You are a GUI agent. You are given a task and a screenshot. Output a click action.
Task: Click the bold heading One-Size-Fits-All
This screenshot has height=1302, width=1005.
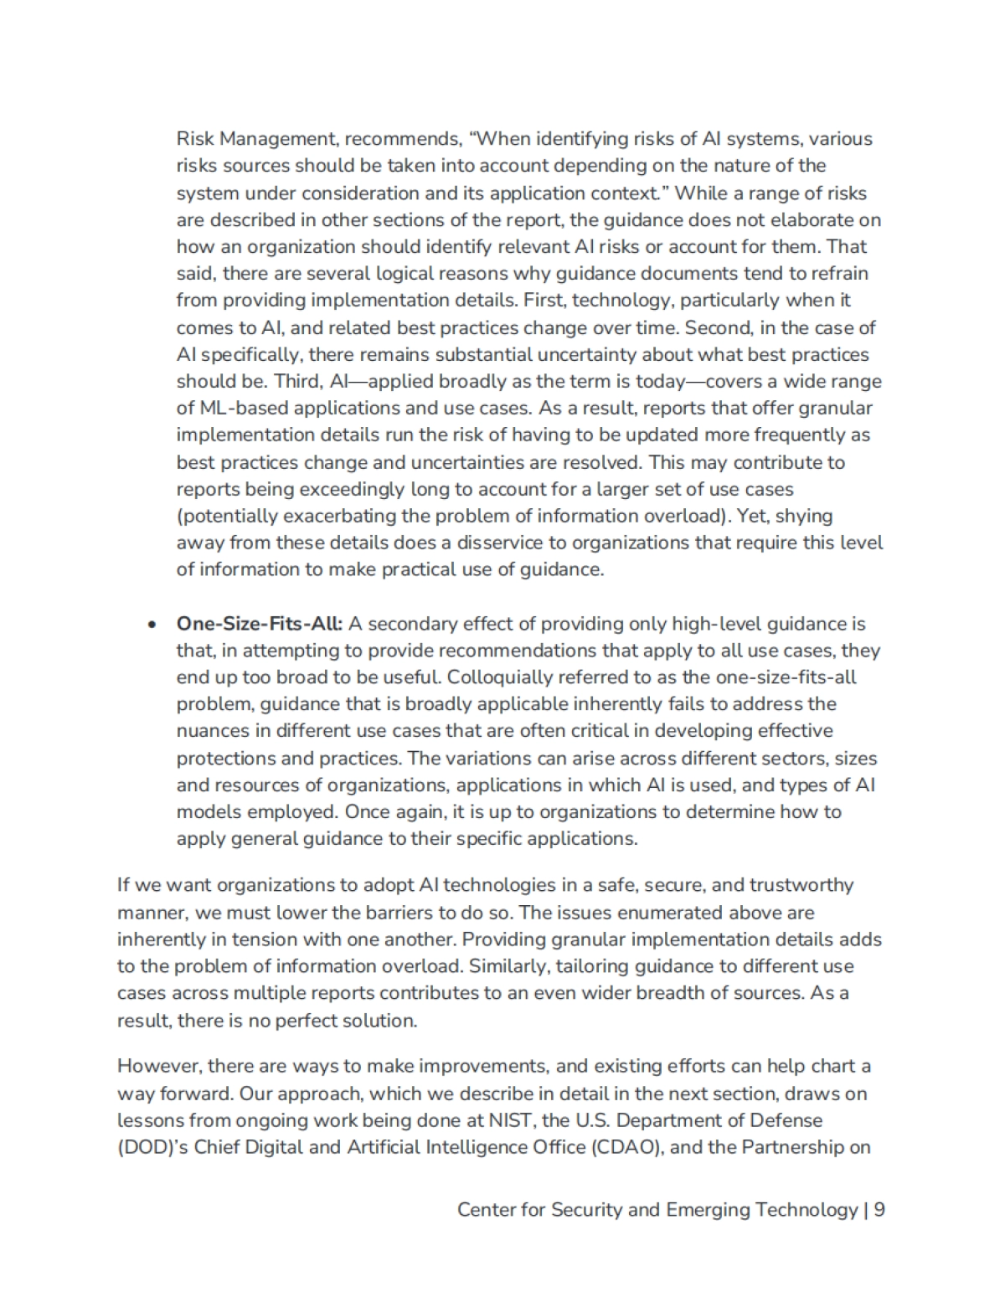click(259, 624)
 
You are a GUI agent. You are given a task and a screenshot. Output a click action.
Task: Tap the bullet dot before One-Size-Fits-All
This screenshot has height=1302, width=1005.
click(152, 625)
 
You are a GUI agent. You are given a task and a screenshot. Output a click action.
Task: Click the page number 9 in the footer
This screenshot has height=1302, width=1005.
click(879, 1210)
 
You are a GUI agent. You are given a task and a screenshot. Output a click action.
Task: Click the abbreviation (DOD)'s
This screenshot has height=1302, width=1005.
click(152, 1147)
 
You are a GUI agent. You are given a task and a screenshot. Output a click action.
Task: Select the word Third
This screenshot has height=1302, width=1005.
click(296, 381)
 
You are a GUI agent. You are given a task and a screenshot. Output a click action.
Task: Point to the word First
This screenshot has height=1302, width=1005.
click(544, 301)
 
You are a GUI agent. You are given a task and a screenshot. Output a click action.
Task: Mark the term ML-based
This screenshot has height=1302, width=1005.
click(240, 408)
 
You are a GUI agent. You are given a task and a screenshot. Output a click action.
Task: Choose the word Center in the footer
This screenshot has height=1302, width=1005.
click(485, 1210)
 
